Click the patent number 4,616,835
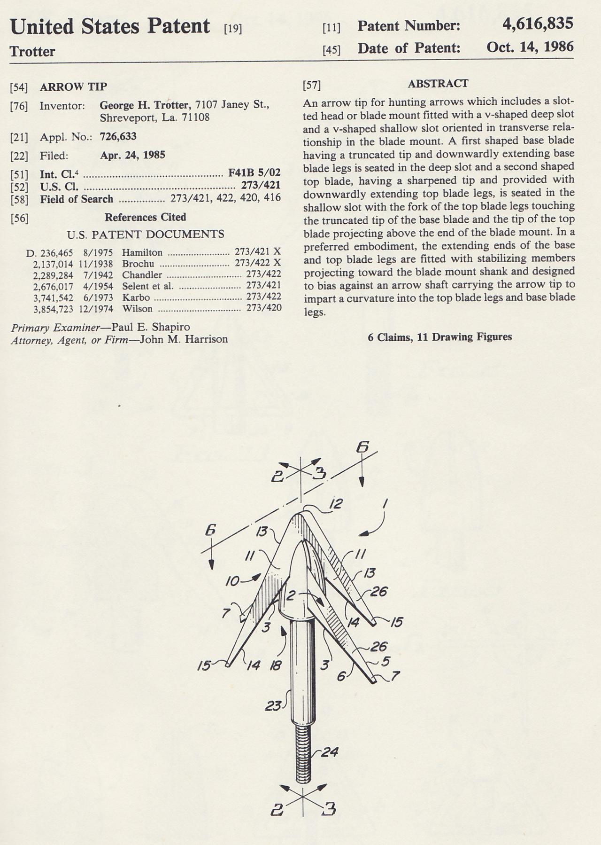pyautogui.click(x=538, y=24)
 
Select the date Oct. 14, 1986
pyautogui.click(x=530, y=47)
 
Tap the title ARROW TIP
pyautogui.click(x=73, y=86)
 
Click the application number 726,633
pyautogui.click(x=118, y=137)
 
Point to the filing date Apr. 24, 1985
pyautogui.click(x=132, y=155)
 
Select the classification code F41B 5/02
pyautogui.click(x=254, y=173)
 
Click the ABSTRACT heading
pyautogui.click(x=438, y=84)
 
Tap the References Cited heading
pyautogui.click(x=145, y=217)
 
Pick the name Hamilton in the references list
pyautogui.click(x=142, y=252)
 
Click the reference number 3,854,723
pyautogui.click(x=53, y=309)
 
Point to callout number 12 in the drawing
pyautogui.click(x=335, y=504)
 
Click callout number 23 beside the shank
pyautogui.click(x=273, y=706)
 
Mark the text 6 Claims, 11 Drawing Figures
pyautogui.click(x=439, y=337)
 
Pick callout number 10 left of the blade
pyautogui.click(x=233, y=581)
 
